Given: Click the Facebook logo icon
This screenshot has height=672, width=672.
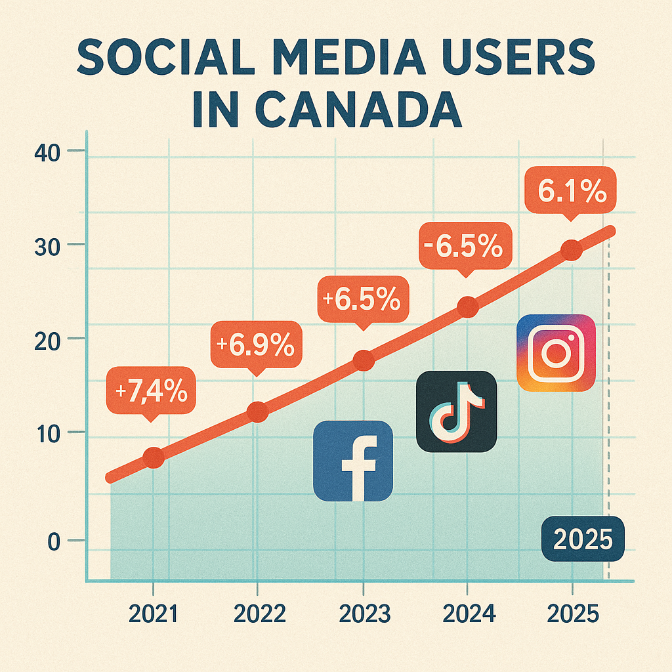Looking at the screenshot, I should pyautogui.click(x=353, y=461).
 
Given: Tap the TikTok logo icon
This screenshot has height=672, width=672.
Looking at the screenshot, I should pyautogui.click(x=457, y=411).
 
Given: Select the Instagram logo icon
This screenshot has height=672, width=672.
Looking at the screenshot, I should pyautogui.click(x=556, y=354).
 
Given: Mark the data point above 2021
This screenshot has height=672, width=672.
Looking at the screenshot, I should pyautogui.click(x=154, y=458).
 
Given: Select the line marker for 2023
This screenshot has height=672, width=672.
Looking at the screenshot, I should pyautogui.click(x=364, y=360).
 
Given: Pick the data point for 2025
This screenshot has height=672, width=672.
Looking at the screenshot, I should pyautogui.click(x=572, y=250).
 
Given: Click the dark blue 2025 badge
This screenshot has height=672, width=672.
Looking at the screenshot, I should pyautogui.click(x=583, y=539).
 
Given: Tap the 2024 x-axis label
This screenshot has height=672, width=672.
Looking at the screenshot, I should pyautogui.click(x=469, y=614).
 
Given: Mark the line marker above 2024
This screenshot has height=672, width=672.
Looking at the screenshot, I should pyautogui.click(x=467, y=306).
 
